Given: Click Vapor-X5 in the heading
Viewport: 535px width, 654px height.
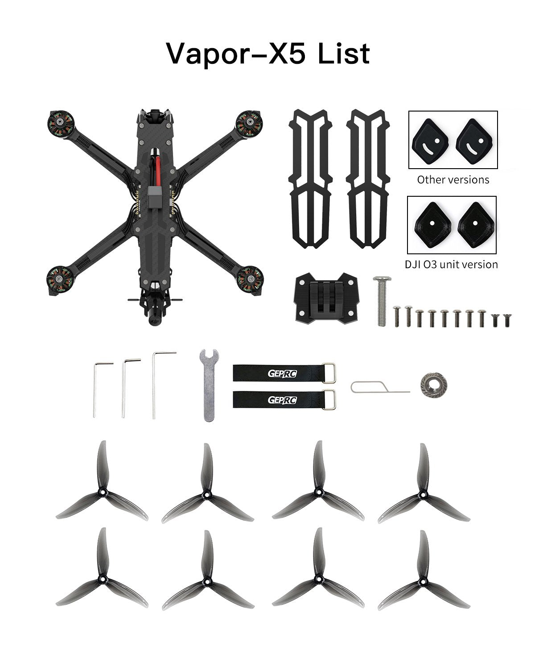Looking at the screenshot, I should click(237, 54).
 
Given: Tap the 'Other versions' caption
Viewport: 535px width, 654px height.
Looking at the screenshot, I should click(453, 180).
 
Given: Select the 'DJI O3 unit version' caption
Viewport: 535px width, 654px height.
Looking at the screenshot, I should click(451, 264).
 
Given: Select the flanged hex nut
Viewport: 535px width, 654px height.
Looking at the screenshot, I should click(430, 384).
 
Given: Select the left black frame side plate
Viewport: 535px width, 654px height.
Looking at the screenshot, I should click(311, 178).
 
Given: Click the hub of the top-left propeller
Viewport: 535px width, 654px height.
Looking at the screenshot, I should click(102, 493).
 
